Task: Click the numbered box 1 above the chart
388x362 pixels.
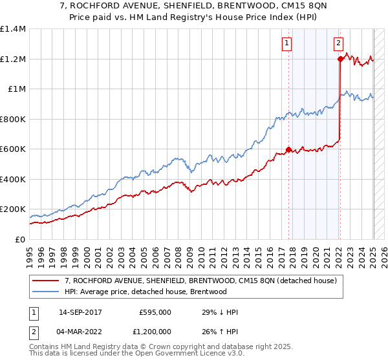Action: click(x=286, y=44)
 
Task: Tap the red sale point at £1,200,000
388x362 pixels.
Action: click(x=340, y=59)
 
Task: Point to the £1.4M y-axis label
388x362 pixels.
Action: click(x=13, y=29)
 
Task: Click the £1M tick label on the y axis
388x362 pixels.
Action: click(x=16, y=89)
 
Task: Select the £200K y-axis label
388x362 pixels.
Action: click(x=12, y=209)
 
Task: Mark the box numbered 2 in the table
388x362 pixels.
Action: click(x=33, y=333)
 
